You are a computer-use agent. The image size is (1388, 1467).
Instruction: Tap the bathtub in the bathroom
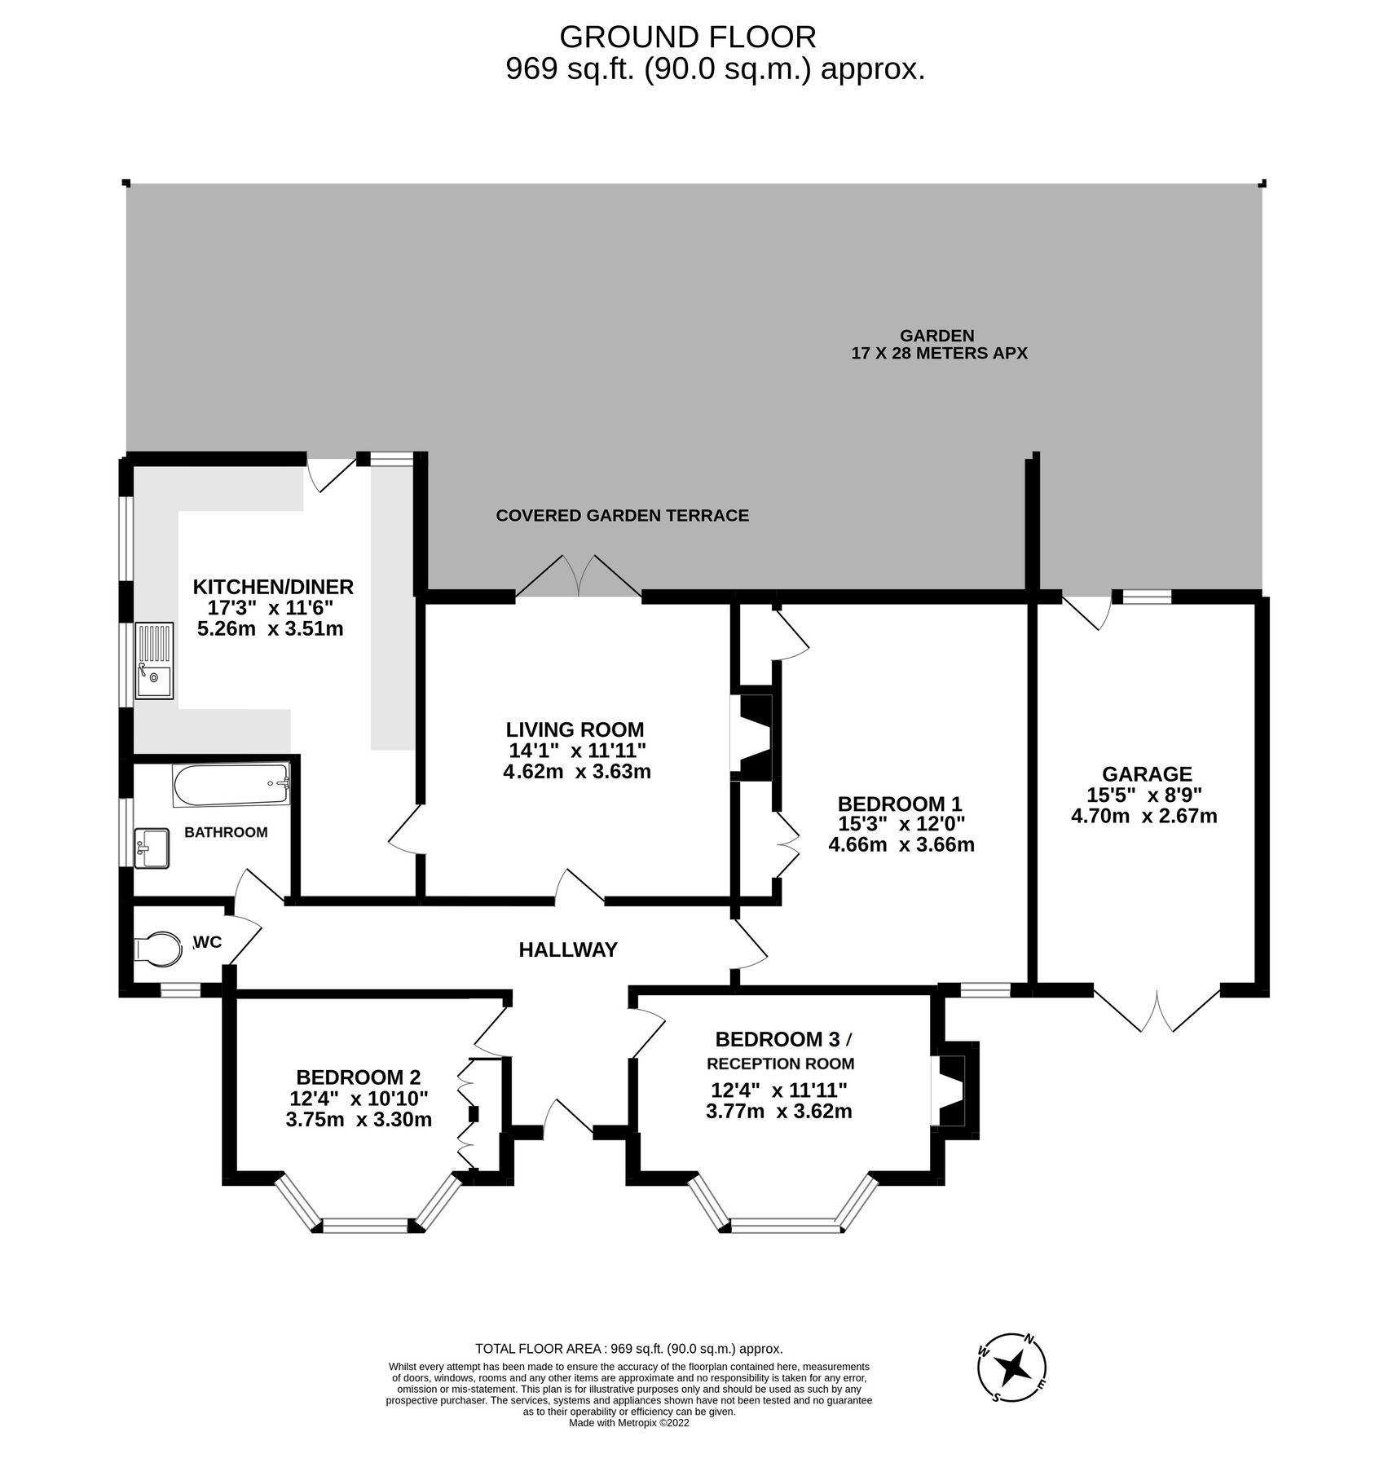point(231,784)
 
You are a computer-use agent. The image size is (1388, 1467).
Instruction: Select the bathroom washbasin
point(152,848)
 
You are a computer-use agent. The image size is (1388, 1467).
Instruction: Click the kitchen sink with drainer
point(155,661)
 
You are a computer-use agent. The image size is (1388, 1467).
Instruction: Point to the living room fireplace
point(751,738)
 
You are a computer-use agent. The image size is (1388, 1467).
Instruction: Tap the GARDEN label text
point(938,335)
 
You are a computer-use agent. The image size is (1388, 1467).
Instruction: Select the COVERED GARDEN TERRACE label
point(622,515)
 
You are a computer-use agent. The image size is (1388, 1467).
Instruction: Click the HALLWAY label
point(568,949)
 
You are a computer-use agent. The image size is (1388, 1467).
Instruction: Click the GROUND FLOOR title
point(687,37)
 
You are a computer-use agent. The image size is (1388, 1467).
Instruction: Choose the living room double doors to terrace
point(579,579)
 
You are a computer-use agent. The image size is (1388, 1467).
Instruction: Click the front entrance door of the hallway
point(568,1118)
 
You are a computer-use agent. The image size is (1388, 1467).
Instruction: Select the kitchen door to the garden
point(331,475)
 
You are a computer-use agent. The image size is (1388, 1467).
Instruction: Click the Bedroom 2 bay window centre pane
point(365,1224)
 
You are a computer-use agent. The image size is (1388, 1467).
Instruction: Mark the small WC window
point(180,990)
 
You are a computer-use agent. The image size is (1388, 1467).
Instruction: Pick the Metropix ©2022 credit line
point(629,1424)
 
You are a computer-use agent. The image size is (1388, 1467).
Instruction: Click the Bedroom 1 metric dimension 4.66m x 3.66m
point(901,844)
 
